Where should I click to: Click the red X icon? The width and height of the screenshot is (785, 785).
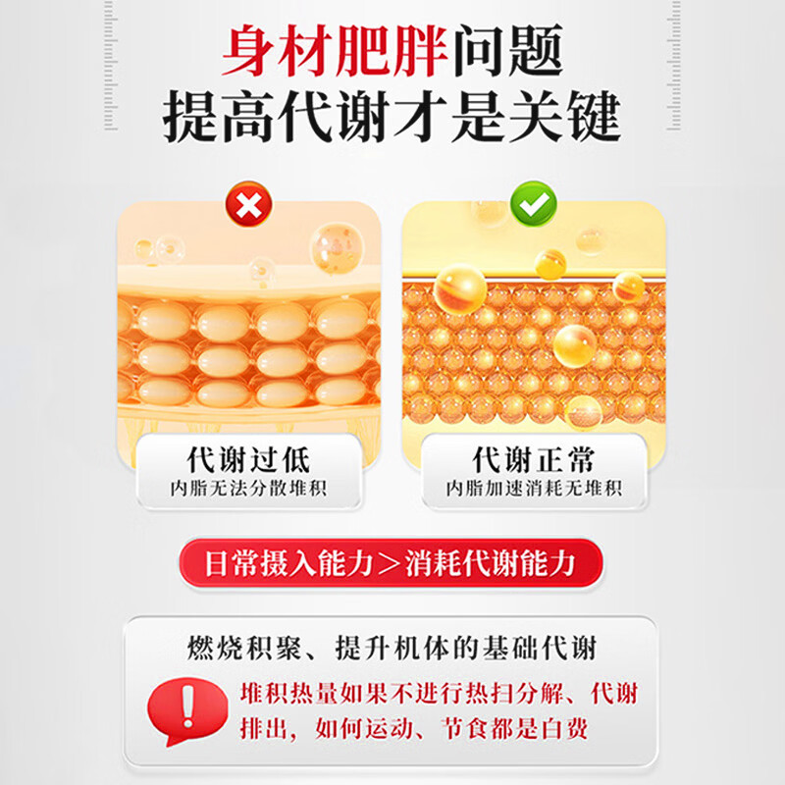coord(249,205)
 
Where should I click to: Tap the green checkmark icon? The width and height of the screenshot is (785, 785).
coord(533,204)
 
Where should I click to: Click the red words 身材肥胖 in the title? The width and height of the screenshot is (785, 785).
coord(335,51)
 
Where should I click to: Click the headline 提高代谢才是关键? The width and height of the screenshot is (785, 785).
coord(392,117)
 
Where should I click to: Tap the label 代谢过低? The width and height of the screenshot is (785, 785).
coord(249,459)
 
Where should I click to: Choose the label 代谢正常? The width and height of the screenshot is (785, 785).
coord(534,459)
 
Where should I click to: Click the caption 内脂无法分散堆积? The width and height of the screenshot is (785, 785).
coord(249,489)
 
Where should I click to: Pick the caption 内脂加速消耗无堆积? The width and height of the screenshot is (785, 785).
coord(534,489)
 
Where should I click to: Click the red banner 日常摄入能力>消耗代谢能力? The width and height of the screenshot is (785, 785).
coord(391,563)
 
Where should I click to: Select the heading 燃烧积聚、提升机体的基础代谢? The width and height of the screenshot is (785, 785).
coord(392,649)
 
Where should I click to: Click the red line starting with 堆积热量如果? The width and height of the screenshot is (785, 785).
coord(439,695)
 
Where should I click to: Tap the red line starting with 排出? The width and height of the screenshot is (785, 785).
coord(414,728)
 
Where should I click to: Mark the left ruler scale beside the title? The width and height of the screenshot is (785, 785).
coord(111,65)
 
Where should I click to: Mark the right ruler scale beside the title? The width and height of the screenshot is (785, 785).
coord(674,65)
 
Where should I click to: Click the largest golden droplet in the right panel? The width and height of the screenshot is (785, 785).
coord(459,289)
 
